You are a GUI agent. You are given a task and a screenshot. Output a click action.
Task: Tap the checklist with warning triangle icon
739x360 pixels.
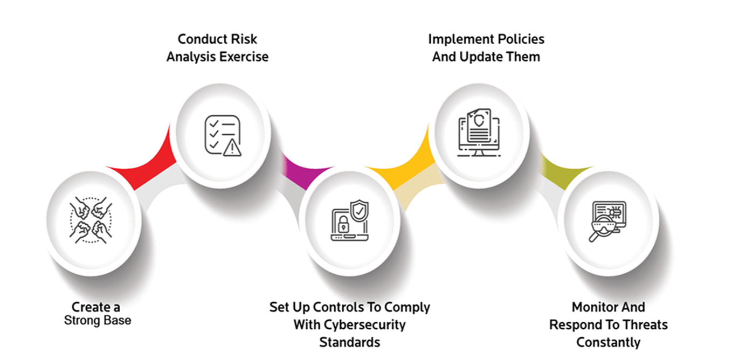click(222, 135)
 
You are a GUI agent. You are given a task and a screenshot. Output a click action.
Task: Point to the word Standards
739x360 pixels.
click(349, 342)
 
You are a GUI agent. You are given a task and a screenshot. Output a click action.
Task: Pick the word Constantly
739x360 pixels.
click(608, 342)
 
